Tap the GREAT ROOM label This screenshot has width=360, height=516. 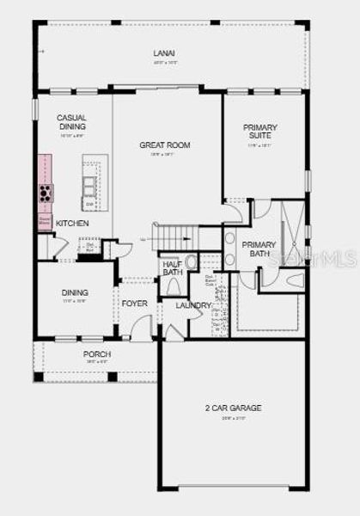pyautogui.click(x=164, y=145)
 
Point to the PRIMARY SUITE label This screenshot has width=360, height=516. pyautogui.click(x=259, y=133)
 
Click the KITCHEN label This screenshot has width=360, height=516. pyautogui.click(x=72, y=224)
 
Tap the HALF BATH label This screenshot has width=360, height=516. pyautogui.click(x=173, y=268)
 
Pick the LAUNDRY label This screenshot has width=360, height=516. pyautogui.click(x=193, y=305)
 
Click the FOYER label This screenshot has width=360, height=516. pyautogui.click(x=134, y=304)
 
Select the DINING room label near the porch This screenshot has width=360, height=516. pyautogui.click(x=75, y=292)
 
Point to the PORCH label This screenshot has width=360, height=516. pyautogui.click(x=96, y=354)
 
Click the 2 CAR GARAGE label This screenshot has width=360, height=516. pyautogui.click(x=233, y=408)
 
